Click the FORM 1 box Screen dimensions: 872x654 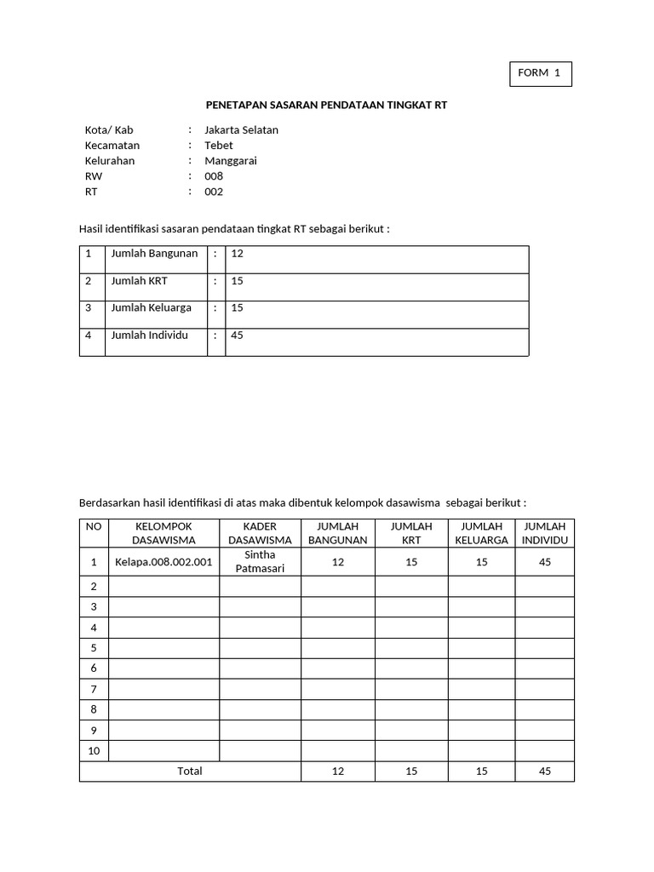[539, 73]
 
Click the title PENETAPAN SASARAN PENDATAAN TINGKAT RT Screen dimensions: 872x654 [326, 105]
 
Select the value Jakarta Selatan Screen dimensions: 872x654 [241, 130]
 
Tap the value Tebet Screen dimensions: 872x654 [218, 146]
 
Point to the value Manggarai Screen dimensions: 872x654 [230, 161]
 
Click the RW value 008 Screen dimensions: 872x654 [214, 176]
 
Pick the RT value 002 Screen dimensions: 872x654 [214, 192]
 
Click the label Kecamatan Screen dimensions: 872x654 [112, 146]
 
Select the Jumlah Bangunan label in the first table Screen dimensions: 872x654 [154, 254]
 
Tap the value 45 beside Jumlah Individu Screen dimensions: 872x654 [237, 336]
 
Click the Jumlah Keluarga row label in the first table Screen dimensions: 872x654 [151, 308]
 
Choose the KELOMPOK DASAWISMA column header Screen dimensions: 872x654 [163, 533]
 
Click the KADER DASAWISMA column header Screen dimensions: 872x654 [260, 533]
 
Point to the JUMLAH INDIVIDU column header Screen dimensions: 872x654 [544, 533]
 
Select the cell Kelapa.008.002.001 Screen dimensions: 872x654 [163, 562]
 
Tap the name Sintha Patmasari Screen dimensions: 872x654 [260, 562]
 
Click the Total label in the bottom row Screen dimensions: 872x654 [189, 772]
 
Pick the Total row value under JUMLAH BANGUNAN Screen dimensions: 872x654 [338, 772]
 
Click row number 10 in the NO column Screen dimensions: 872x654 [93, 751]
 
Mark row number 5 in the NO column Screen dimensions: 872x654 [93, 648]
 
